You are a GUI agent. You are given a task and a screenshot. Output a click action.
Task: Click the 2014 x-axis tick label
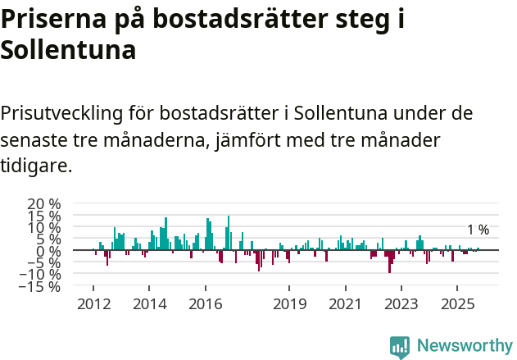[x=149, y=304]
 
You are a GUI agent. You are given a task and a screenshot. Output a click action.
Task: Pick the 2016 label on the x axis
[x=205, y=304]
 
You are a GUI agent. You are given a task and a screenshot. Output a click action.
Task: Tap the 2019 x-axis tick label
[x=289, y=304]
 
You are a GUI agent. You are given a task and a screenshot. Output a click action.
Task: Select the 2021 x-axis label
[x=345, y=304]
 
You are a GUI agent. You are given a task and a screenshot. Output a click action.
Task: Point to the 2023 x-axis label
[x=401, y=304]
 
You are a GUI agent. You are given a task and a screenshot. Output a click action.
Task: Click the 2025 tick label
[x=457, y=304]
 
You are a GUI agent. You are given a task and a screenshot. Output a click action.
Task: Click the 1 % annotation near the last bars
[x=478, y=230]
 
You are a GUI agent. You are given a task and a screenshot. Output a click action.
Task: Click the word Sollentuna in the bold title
[x=67, y=50]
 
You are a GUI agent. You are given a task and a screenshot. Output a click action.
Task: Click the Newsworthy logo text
[x=464, y=346]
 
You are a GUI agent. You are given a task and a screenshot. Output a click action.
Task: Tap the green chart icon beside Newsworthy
[x=400, y=347]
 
